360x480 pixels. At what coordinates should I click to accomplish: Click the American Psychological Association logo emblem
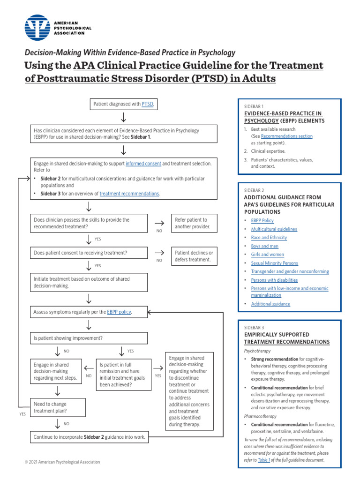pos(37,28)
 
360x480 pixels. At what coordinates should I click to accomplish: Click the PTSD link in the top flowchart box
pos(147,104)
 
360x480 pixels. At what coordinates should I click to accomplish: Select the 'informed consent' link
pos(143,164)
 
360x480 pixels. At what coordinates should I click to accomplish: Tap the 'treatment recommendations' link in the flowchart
pos(129,194)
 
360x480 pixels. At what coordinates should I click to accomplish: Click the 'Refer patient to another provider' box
pos(194,223)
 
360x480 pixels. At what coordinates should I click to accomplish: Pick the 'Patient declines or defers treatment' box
pos(194,256)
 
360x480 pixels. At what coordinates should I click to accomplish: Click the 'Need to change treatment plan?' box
pos(58,407)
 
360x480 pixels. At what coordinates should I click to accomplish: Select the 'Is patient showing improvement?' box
pos(89,338)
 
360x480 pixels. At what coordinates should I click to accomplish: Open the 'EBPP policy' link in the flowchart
pos(119,312)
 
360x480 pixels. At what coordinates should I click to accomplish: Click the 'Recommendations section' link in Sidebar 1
pos(286,136)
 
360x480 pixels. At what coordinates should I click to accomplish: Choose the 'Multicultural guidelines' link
pos(274,229)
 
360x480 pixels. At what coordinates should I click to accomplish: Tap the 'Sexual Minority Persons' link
pos(274,263)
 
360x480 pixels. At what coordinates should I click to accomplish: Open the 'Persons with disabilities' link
pos(274,280)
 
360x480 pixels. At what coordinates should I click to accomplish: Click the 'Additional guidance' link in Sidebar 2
pos(270,304)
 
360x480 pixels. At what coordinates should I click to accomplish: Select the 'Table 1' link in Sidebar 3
pos(264,460)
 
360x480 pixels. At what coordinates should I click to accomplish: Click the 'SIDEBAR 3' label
pos(254,327)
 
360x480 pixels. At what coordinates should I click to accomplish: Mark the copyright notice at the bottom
pos(62,462)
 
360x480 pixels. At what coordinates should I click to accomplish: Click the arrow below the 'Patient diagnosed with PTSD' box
pos(123,117)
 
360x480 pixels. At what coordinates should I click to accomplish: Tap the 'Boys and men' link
pos(264,246)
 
